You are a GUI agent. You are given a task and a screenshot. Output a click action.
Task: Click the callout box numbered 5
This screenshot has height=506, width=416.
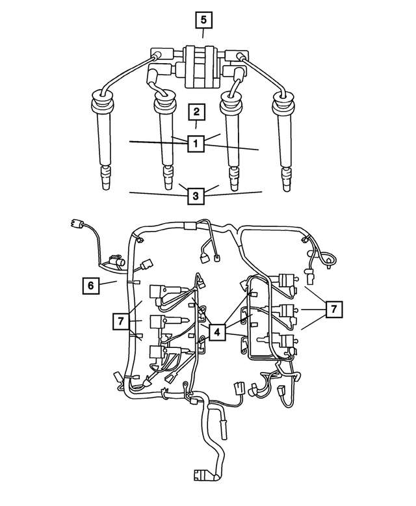(203, 20)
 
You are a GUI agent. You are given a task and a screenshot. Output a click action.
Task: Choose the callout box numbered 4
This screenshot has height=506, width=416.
(217, 331)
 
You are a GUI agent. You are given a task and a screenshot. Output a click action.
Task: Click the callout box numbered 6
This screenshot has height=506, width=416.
(92, 285)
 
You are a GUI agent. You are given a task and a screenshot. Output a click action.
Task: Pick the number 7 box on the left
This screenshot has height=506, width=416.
(120, 321)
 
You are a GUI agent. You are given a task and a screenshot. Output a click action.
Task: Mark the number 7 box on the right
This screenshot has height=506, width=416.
(333, 310)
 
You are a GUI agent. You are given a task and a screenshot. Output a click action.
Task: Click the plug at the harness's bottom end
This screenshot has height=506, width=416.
(205, 476)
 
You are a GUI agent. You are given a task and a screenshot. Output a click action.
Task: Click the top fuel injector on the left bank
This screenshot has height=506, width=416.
(162, 292)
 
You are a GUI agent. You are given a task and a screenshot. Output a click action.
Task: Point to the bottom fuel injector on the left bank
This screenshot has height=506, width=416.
(162, 353)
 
